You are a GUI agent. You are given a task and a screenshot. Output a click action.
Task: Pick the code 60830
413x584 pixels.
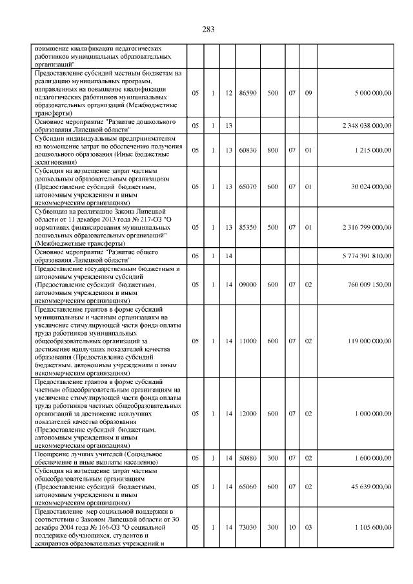(248, 150)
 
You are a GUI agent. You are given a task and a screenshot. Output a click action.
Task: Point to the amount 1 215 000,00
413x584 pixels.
(373, 150)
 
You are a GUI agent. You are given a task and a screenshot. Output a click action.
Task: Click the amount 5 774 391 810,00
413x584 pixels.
(367, 256)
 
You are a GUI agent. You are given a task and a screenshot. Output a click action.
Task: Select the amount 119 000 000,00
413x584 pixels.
(369, 339)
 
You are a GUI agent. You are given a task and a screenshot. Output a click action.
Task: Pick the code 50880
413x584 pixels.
(248, 458)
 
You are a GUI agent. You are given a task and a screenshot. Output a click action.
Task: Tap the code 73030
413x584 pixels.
(248, 527)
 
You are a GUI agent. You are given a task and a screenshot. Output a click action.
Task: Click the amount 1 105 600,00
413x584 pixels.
(373, 527)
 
